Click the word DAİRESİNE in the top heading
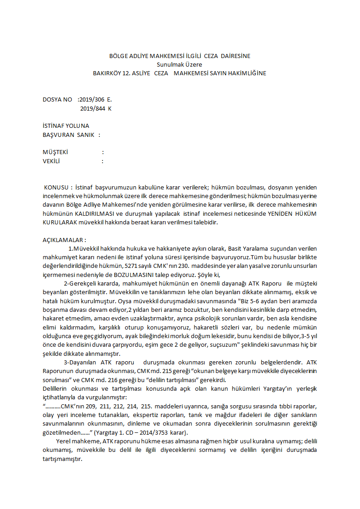coord(235,56)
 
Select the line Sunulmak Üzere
coord(180,64)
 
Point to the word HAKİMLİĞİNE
coord(246,73)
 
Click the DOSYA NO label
coord(57,99)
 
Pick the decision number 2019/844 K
coord(96,108)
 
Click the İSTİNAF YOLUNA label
coord(66,126)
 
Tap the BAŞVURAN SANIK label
coord(68,135)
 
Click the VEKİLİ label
coord(51,161)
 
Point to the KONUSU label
coord(58,188)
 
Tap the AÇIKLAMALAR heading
coord(64,240)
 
